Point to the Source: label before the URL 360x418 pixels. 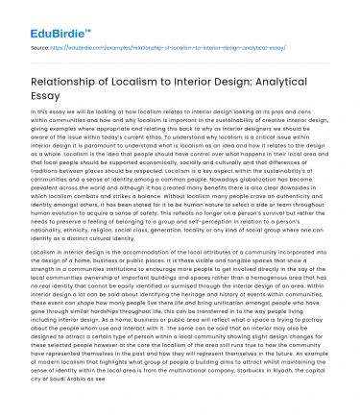point(41,44)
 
